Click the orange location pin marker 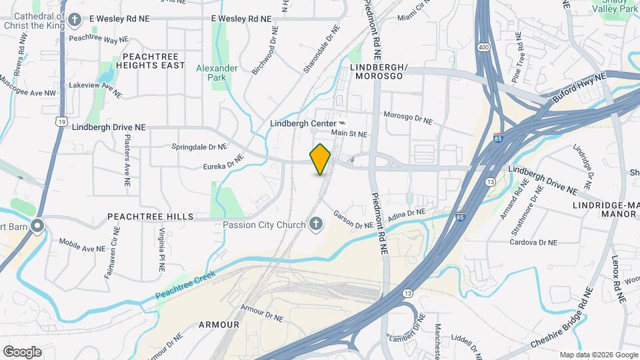321,159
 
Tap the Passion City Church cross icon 317,225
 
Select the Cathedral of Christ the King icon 74,19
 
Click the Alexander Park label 217,73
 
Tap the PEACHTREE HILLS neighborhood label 150,217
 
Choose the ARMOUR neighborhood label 219,325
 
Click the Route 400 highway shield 483,48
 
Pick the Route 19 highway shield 62,121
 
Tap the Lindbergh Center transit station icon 343,123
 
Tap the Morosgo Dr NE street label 408,118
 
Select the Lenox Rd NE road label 617,257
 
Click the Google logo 22,351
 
